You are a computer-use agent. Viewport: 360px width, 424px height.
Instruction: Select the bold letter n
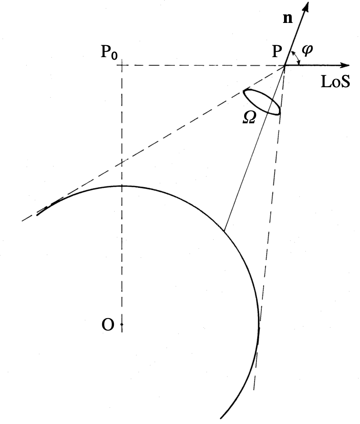(x=287, y=19)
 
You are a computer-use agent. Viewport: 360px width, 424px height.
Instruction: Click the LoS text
(x=335, y=82)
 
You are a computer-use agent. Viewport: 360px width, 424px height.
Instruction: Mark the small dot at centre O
(x=122, y=324)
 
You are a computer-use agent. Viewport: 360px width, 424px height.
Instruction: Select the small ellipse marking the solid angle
(x=262, y=101)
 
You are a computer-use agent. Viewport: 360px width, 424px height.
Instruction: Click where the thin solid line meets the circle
(x=224, y=230)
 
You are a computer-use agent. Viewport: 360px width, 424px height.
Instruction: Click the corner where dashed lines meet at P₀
(x=122, y=65)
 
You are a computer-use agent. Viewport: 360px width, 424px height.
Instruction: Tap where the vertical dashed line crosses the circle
(x=122, y=186)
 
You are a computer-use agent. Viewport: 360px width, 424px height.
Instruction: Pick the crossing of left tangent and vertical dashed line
(x=122, y=162)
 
